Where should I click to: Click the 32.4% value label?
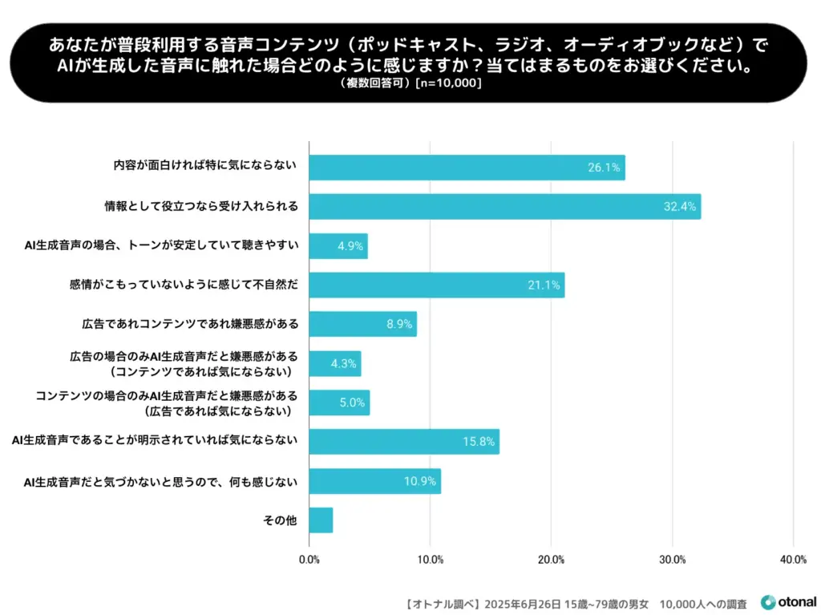coord(681,207)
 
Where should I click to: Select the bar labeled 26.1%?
coord(467,168)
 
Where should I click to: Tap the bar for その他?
coord(321,520)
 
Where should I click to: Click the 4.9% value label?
coord(350,246)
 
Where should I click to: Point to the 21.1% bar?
coord(436,285)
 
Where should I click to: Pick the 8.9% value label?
coord(398,325)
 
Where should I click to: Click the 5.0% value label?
coord(352,403)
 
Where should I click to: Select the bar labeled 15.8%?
coord(403,442)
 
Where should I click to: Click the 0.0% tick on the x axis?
coord(309,560)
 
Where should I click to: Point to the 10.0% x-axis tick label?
coord(430,560)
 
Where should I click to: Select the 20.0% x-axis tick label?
coord(551,560)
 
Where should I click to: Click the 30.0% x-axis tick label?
coord(672,560)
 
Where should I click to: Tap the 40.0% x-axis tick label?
coord(793,560)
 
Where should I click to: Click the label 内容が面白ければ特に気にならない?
coord(205,167)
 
